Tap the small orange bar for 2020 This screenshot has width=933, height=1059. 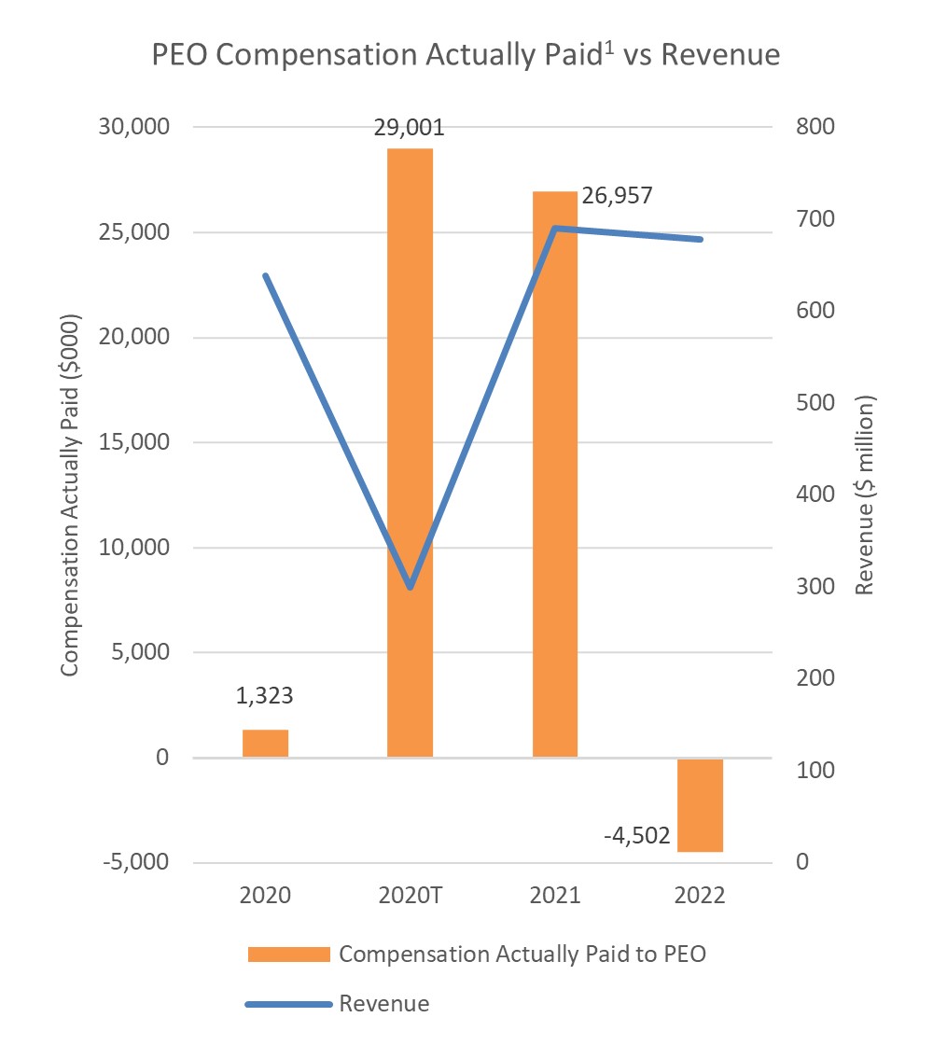(265, 743)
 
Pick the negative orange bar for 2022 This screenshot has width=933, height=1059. (700, 804)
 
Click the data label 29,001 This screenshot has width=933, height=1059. (410, 127)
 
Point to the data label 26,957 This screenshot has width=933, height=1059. (616, 196)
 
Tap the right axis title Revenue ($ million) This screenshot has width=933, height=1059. (866, 495)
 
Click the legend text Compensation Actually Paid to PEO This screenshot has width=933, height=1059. (529, 954)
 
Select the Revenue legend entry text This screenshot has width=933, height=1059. (384, 1004)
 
